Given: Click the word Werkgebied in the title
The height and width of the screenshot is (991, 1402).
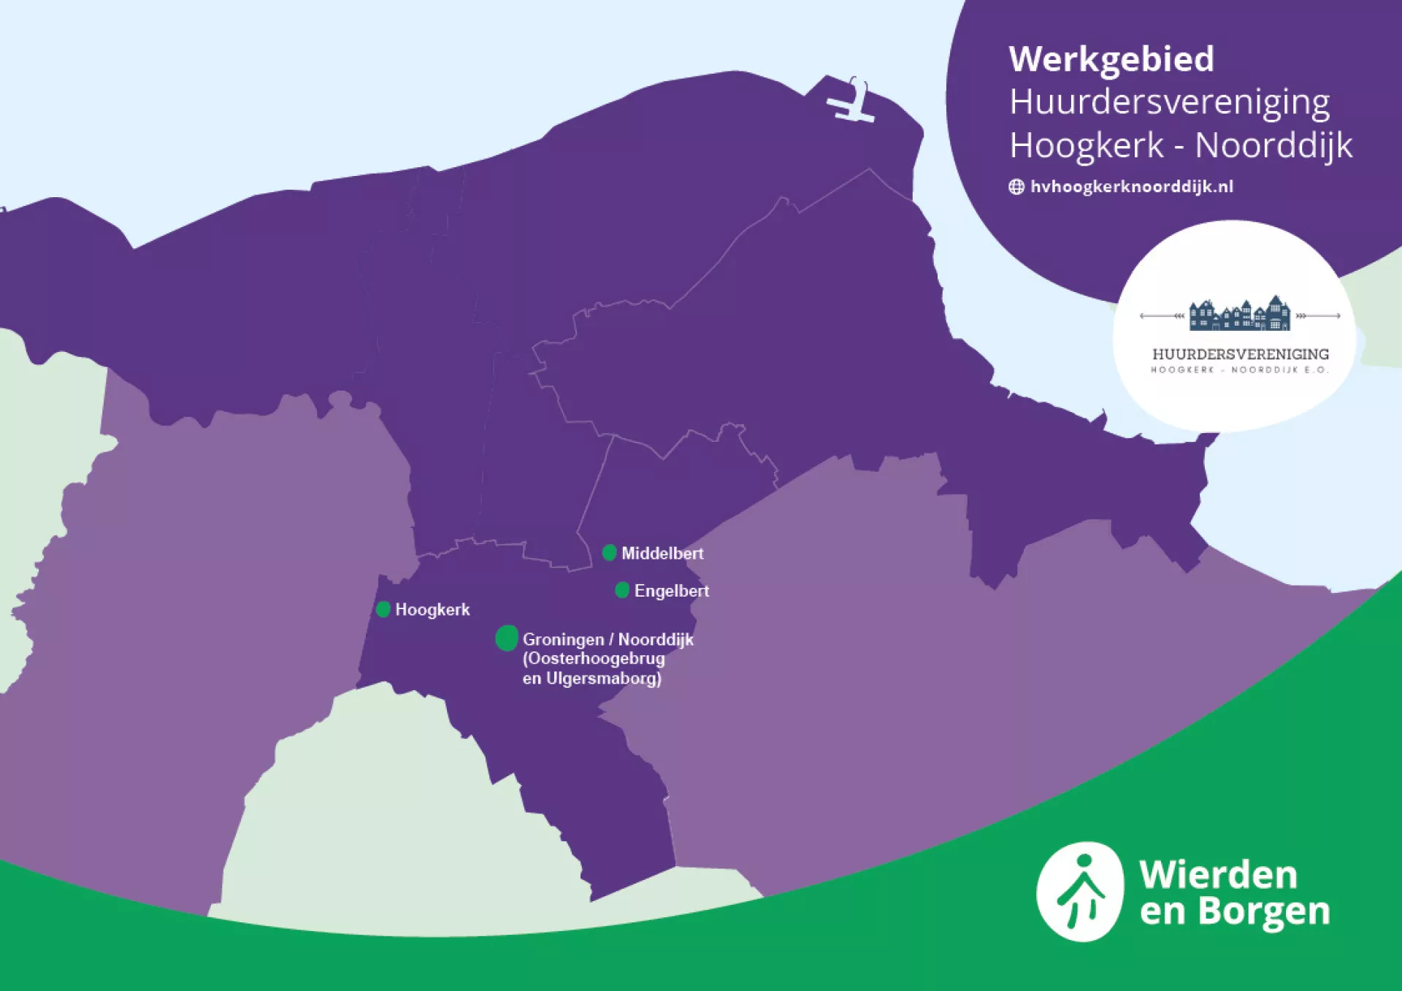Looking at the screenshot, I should click(x=1111, y=59).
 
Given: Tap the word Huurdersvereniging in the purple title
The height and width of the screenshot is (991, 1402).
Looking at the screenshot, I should click(x=1169, y=102).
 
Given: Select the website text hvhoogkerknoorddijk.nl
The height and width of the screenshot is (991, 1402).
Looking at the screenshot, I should click(x=1131, y=187).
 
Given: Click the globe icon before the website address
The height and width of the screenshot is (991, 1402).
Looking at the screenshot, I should click(x=1016, y=187).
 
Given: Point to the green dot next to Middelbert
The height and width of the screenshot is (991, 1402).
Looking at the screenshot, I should click(x=609, y=553).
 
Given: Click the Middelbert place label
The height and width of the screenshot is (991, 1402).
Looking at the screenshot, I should click(x=662, y=554).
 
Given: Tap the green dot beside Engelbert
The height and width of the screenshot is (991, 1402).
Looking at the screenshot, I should click(x=622, y=590).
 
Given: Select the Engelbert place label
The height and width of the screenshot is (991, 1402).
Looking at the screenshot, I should click(x=671, y=591).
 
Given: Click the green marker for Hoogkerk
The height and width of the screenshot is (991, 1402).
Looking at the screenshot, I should click(x=383, y=609).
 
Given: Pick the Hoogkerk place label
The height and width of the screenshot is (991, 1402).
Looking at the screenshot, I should click(x=432, y=610).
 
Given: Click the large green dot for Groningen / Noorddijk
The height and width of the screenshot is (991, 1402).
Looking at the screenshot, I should click(x=507, y=638).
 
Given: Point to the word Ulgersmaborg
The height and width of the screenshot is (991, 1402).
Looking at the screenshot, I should click(x=603, y=678).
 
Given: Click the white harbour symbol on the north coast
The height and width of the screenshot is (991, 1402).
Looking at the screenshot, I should click(x=851, y=103).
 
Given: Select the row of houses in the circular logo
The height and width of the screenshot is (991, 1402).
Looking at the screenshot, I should click(x=1239, y=315).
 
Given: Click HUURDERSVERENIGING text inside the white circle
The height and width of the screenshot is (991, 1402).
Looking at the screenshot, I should click(x=1240, y=354).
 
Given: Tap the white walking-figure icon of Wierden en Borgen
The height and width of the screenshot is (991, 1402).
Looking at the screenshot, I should click(x=1080, y=892).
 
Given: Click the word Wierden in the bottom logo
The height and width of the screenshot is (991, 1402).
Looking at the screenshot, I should click(x=1218, y=874).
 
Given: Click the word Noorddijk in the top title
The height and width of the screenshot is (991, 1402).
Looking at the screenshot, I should click(x=1273, y=145).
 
